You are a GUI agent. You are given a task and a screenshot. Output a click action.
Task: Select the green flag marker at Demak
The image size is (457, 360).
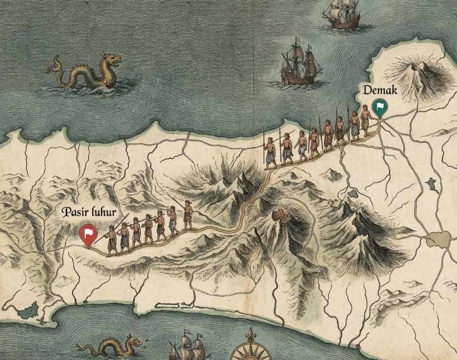click(x=379, y=107)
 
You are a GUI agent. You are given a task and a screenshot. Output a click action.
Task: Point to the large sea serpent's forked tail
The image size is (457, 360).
click(x=57, y=63)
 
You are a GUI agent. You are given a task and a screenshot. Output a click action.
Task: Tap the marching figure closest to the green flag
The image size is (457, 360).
click(x=366, y=124)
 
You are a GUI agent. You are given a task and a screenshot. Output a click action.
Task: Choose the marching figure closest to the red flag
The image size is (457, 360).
click(x=112, y=239)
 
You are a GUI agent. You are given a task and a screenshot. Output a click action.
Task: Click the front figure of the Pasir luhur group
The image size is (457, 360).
click(x=187, y=215)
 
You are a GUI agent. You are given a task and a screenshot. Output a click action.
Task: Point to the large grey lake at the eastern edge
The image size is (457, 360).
click(x=437, y=239)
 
